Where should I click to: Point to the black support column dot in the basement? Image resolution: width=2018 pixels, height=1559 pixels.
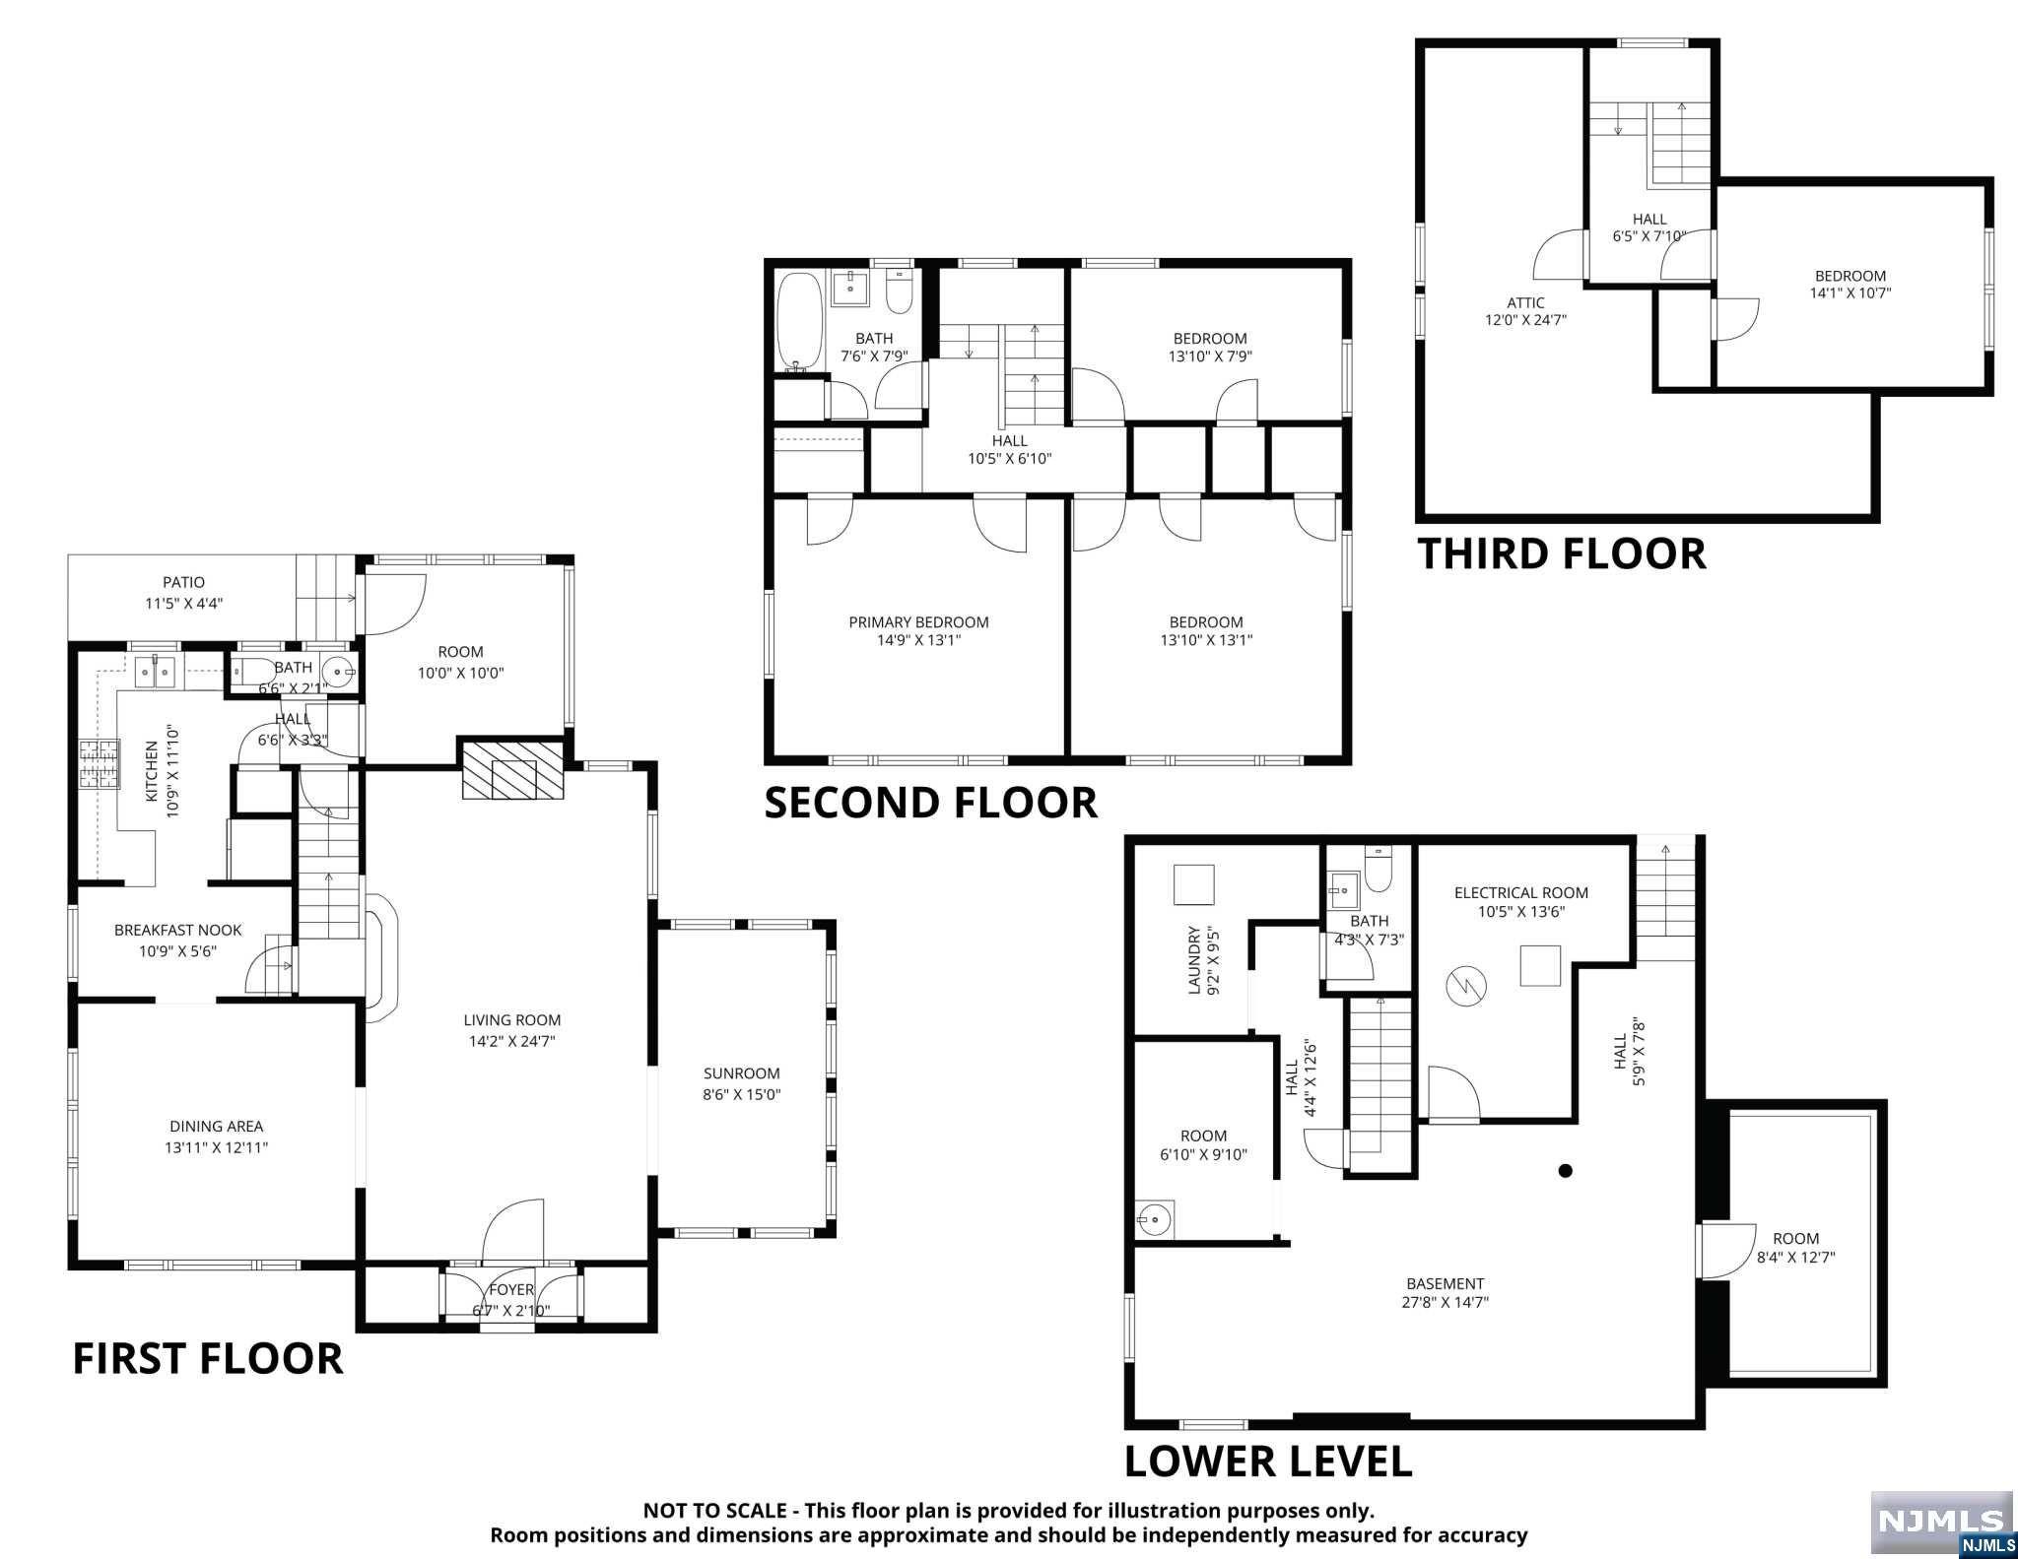tap(1565, 1171)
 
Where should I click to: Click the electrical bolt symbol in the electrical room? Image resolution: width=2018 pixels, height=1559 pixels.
tap(1460, 983)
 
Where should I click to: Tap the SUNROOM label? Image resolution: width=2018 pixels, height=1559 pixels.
tap(741, 1073)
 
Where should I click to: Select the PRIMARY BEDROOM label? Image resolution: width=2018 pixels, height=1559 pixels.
tap(918, 622)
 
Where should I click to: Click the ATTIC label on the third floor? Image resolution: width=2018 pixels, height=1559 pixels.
tap(1525, 302)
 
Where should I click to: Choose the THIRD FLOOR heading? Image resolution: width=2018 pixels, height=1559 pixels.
tap(1562, 553)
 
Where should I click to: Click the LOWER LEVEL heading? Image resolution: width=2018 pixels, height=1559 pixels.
tap(1268, 1462)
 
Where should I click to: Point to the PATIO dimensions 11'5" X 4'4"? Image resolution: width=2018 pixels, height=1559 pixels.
tap(184, 604)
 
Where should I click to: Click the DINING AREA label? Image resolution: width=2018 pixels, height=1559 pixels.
tap(217, 1127)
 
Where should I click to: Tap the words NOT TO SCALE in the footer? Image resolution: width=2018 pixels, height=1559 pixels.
tap(714, 1510)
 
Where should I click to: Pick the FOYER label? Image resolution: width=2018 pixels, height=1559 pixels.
tap(510, 1290)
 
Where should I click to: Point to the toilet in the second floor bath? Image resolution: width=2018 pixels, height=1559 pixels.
tap(900, 292)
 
